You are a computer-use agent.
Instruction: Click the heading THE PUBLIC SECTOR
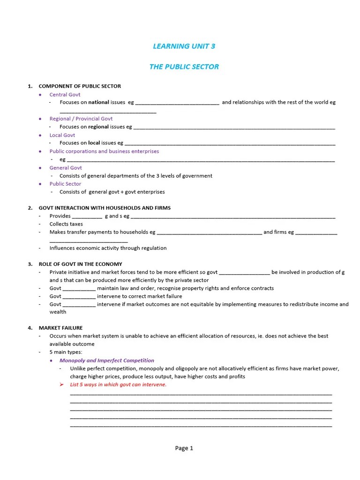pyautogui.click(x=184, y=67)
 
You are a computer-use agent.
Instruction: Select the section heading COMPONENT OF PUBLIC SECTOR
pyautogui.click(x=79, y=86)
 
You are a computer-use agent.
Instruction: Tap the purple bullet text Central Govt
pyautogui.click(x=65, y=95)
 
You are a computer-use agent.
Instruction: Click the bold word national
pyautogui.click(x=98, y=102)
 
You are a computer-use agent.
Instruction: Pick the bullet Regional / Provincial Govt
pyautogui.click(x=81, y=119)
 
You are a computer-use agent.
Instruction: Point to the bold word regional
pyautogui.click(x=98, y=127)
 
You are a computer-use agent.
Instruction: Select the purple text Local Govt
pyautogui.click(x=62, y=135)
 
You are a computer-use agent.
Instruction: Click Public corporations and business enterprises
pyautogui.click(x=104, y=151)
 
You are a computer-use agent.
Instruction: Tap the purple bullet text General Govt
pyautogui.click(x=66, y=168)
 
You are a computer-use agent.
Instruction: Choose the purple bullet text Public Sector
pyautogui.click(x=65, y=184)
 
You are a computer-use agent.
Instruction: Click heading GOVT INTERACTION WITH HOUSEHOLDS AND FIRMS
pyautogui.click(x=105, y=208)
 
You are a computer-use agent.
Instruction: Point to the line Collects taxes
pyautogui.click(x=66, y=224)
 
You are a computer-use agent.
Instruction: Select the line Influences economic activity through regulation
pyautogui.click(x=108, y=248)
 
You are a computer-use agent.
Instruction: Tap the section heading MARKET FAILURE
pyautogui.click(x=60, y=328)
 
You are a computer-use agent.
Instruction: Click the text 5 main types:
pyautogui.click(x=66, y=352)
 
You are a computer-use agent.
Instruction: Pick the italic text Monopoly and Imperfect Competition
pyautogui.click(x=106, y=360)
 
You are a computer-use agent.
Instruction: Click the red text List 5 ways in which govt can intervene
pyautogui.click(x=118, y=385)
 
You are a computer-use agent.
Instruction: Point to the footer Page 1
pyautogui.click(x=184, y=448)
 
